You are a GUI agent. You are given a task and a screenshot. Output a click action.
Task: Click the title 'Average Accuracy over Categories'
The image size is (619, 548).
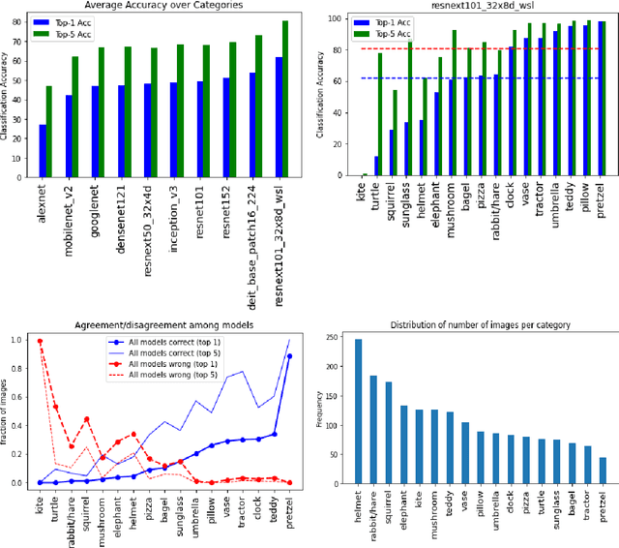point(163,6)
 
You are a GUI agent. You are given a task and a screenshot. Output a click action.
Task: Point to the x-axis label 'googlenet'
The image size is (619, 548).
point(96,215)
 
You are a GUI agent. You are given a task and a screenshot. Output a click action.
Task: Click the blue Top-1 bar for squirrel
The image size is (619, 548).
point(391,153)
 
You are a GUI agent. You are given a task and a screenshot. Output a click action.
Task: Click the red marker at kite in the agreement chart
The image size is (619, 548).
point(40,341)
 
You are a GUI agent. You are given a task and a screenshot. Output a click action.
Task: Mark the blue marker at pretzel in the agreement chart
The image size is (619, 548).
point(289,356)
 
